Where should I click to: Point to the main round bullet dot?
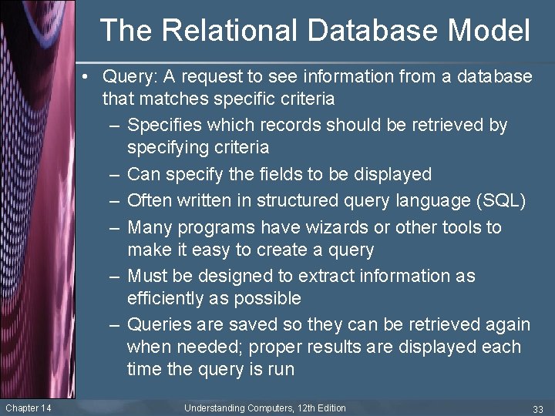[90, 76]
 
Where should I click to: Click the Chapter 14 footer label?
[28, 408]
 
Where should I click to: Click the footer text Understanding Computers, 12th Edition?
[265, 408]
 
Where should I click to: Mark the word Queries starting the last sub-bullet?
[160, 324]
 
